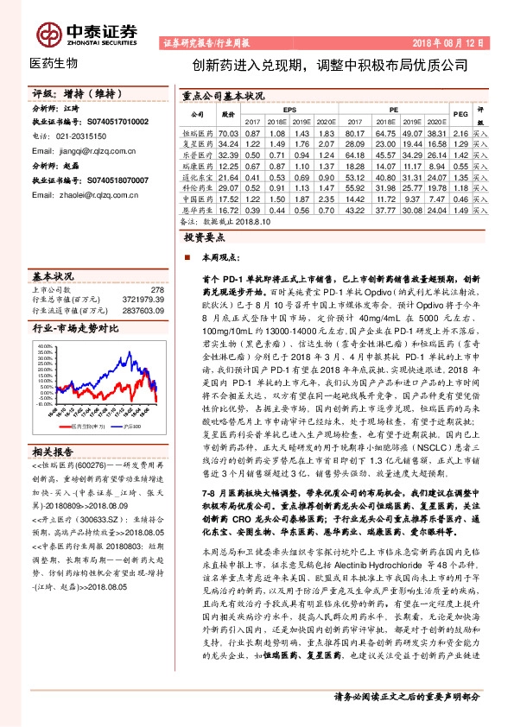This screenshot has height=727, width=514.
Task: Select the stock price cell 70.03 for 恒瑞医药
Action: tap(228, 135)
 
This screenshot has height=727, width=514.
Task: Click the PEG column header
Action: tap(460, 113)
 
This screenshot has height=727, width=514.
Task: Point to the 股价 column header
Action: tap(228, 113)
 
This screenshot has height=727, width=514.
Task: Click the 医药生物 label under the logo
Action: tap(54, 64)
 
